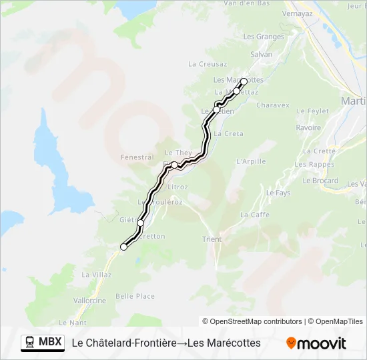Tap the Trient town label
click(x=212, y=239)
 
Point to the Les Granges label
click(x=264, y=37)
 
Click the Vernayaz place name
click(x=297, y=13)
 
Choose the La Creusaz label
click(x=208, y=64)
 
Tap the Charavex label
click(x=273, y=105)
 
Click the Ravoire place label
click(x=308, y=128)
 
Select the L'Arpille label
click(x=251, y=161)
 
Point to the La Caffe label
click(x=255, y=215)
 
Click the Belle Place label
click(x=135, y=297)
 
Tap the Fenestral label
click(x=137, y=157)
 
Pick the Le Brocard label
click(x=320, y=181)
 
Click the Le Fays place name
click(x=278, y=193)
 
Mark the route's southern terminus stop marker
click(x=123, y=247)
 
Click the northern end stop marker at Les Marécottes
click(x=244, y=82)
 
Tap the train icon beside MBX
click(x=30, y=343)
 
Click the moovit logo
click(x=316, y=343)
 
